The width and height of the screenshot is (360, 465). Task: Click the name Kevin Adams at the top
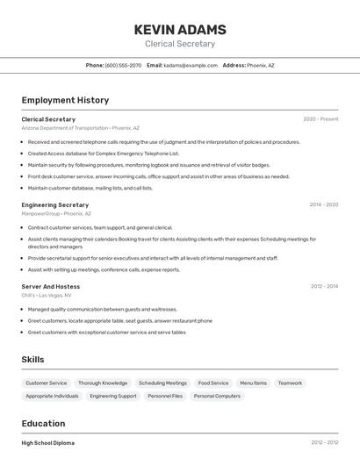[x=180, y=30]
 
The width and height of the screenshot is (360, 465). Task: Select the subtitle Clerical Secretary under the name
[x=180, y=44]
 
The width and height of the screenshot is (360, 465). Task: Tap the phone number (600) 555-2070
[x=123, y=65]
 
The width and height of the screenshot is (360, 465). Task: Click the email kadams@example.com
[x=191, y=65]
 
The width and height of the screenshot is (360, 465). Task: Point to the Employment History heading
[x=65, y=100]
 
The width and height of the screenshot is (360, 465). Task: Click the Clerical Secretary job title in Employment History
[x=48, y=119]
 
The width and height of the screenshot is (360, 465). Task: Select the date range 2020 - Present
[x=320, y=119]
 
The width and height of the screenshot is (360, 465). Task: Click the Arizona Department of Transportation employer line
[x=80, y=128]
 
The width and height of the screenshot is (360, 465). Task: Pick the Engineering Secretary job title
[x=55, y=204]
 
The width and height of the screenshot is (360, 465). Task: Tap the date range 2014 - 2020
[x=323, y=204]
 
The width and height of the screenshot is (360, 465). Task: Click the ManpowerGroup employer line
[x=56, y=213]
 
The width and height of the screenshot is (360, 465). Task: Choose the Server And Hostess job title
[x=51, y=287]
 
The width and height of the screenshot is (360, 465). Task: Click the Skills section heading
[x=32, y=360]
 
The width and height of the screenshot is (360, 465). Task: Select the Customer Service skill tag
[x=46, y=383]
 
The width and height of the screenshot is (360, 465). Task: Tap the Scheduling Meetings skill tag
[x=162, y=383]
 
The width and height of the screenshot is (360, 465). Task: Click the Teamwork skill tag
[x=290, y=383]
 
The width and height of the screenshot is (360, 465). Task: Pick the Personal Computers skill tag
[x=217, y=397]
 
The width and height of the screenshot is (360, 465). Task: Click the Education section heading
[x=43, y=423]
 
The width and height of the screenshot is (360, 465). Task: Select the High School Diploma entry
[x=48, y=443]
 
